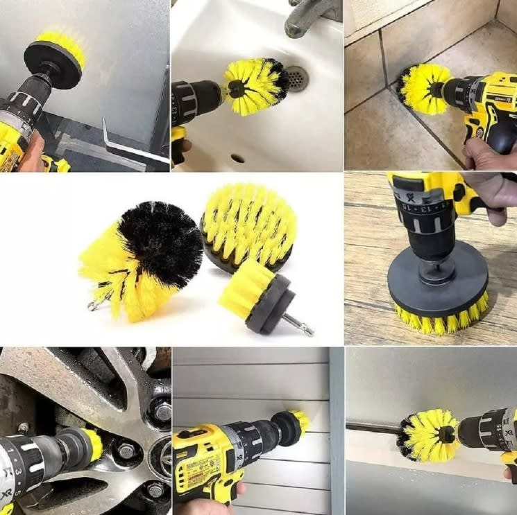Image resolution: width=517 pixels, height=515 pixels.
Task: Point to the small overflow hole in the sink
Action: (x=238, y=158)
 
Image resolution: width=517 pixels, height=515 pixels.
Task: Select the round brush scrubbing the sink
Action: (x=255, y=86)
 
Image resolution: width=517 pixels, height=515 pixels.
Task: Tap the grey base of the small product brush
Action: (x=266, y=303)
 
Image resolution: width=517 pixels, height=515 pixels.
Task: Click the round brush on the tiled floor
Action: (x=423, y=89)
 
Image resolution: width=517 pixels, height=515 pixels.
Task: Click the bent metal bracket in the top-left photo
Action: (x=128, y=145)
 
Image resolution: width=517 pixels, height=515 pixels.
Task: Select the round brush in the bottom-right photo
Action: (x=430, y=435)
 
